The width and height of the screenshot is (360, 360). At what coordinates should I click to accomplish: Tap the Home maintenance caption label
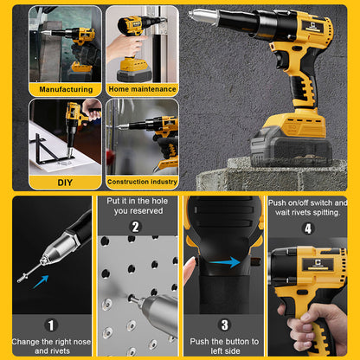(x=141, y=88)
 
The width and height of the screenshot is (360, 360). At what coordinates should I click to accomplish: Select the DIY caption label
(x=65, y=182)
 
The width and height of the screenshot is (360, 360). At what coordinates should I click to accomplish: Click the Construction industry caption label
(x=141, y=182)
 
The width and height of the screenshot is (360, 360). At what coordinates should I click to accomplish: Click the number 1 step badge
(x=52, y=325)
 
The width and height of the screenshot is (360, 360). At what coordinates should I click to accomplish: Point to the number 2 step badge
(x=136, y=228)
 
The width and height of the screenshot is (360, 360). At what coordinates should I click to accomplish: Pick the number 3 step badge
(x=224, y=325)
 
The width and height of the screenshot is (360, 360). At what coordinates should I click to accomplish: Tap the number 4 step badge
(x=307, y=228)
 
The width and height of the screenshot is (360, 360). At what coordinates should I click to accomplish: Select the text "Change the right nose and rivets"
(x=51, y=345)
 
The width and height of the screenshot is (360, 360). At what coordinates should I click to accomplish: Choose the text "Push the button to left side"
(x=224, y=345)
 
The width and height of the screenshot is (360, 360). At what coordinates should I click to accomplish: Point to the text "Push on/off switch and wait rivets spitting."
(x=308, y=208)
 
